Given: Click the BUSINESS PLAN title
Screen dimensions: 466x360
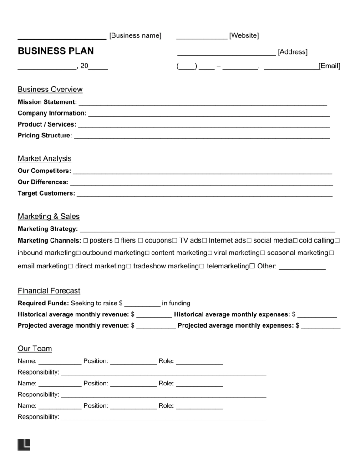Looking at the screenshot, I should pyautogui.click(x=56, y=51).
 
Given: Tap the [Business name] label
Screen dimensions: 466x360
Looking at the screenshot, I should pyautogui.click(x=135, y=35).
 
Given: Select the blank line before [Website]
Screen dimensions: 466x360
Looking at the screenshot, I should pyautogui.click(x=201, y=36).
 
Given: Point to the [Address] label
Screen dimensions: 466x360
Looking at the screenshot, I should pyautogui.click(x=292, y=52).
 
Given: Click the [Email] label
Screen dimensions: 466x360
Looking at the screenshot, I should pyautogui.click(x=330, y=66).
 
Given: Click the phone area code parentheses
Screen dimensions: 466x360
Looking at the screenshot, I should pyautogui.click(x=187, y=66).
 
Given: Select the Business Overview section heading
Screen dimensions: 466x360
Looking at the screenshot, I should pyautogui.click(x=50, y=90).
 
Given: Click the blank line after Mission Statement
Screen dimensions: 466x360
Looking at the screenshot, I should pyautogui.click(x=203, y=103).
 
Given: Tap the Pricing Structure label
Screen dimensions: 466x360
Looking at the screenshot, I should pyautogui.click(x=45, y=136).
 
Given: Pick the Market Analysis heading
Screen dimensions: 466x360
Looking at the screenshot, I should pyautogui.click(x=44, y=159).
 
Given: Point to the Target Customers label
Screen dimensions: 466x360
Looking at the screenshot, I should pyautogui.click(x=46, y=193).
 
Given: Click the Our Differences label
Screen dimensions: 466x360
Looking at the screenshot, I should pyautogui.click(x=43, y=182).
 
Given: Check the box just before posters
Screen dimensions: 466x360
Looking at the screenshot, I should pyautogui.click(x=86, y=240).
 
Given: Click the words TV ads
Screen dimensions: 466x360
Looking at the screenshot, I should pyautogui.click(x=190, y=240).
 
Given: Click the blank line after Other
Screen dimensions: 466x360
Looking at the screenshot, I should pyautogui.click(x=302, y=268).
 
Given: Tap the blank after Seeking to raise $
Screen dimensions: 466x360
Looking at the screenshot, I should pyautogui.click(x=142, y=304).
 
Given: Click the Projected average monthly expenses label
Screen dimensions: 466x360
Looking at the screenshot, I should pyautogui.click(x=235, y=326).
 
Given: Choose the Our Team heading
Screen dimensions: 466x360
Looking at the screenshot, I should pyautogui.click(x=35, y=349).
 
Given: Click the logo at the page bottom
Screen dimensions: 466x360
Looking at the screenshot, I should pyautogui.click(x=24, y=445).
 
